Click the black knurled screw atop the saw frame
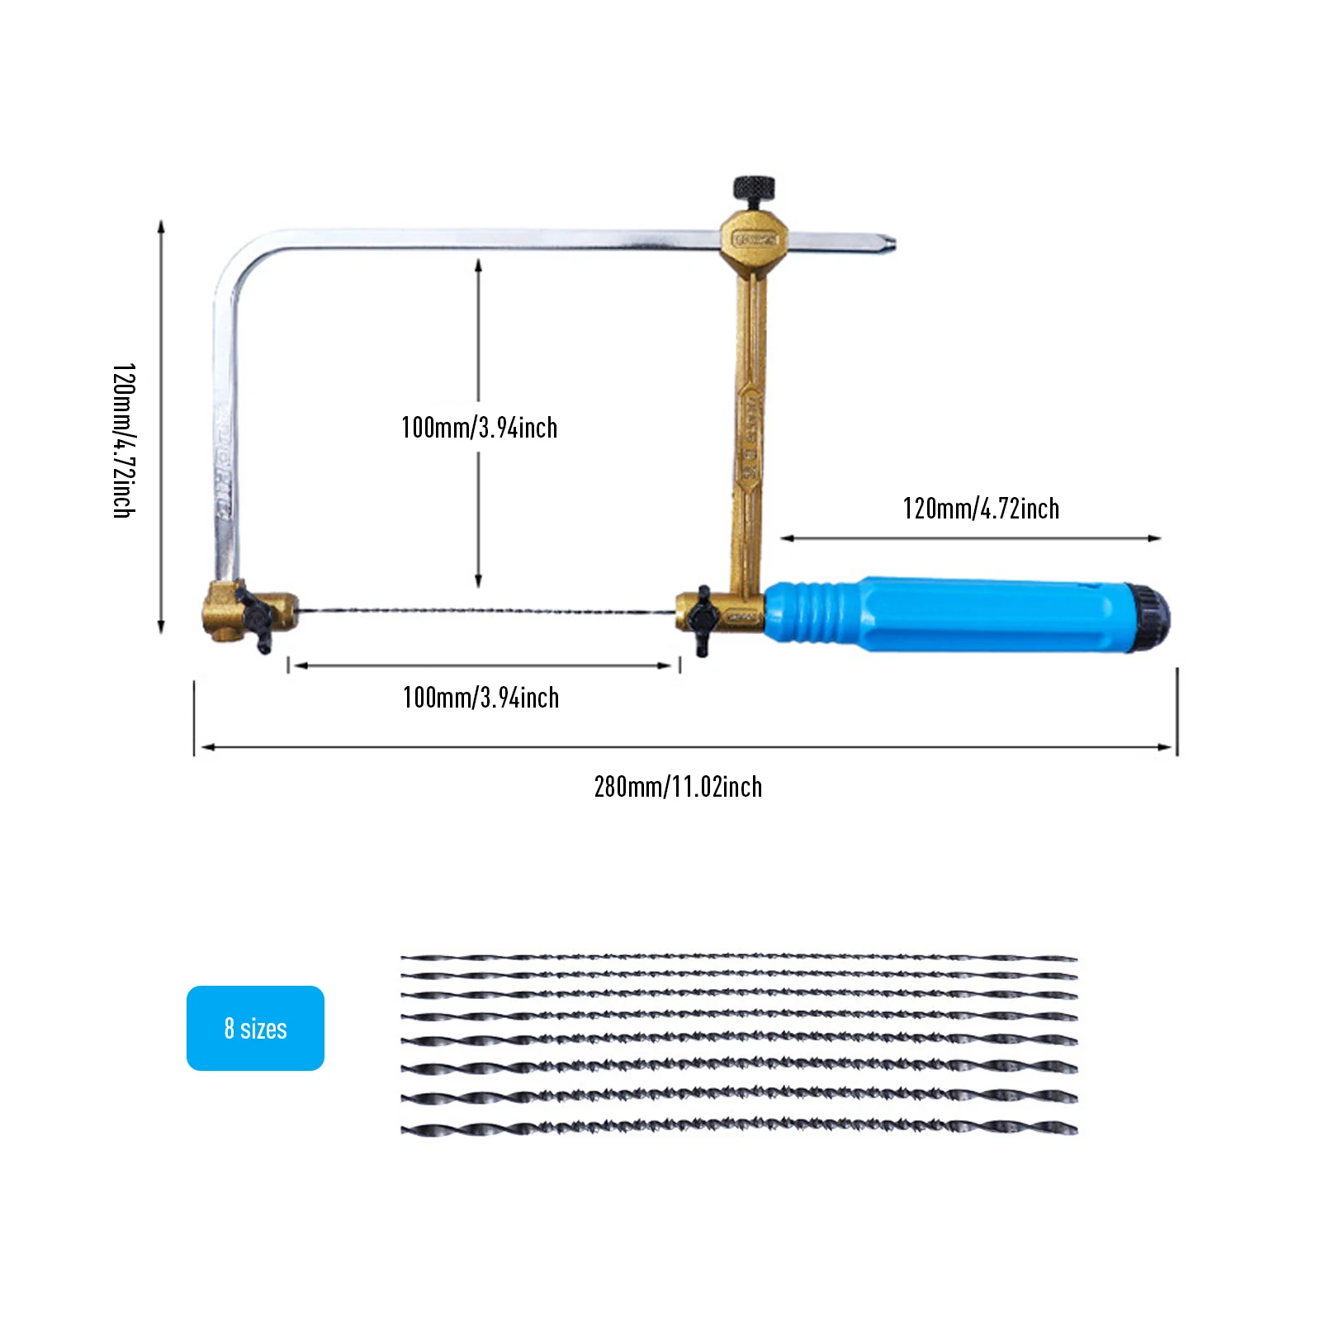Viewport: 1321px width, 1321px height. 755,189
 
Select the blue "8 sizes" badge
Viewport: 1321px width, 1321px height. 255,1028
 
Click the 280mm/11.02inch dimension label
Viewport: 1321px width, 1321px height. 678,787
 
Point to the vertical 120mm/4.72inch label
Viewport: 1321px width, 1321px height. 124,440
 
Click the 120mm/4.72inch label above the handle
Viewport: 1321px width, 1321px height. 981,509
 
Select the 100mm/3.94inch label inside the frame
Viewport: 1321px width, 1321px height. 479,428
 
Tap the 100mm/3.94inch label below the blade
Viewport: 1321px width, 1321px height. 481,698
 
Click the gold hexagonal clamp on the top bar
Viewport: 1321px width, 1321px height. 754,240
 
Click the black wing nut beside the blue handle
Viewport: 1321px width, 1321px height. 702,619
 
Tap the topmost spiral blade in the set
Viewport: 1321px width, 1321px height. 739,958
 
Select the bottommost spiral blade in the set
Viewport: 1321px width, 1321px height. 739,1128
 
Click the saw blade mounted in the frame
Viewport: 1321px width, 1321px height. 487,612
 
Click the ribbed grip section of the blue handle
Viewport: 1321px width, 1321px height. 813,613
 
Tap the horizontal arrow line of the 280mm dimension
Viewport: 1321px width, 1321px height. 685,747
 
